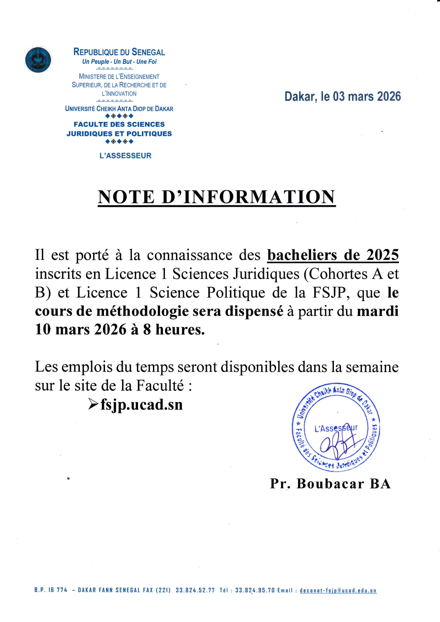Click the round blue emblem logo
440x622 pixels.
(x=38, y=60)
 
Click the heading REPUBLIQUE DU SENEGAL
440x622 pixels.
(x=119, y=52)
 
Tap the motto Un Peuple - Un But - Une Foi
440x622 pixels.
(x=119, y=62)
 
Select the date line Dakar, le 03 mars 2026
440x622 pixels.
(x=342, y=96)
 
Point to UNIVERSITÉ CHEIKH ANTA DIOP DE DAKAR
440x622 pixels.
(x=119, y=109)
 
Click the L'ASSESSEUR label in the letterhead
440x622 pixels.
(x=126, y=156)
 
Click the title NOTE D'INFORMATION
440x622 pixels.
(x=216, y=197)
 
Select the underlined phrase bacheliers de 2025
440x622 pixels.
(x=333, y=255)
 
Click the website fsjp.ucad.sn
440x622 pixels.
(x=142, y=405)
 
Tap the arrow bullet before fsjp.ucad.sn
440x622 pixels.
(x=93, y=404)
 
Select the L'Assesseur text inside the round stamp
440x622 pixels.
(x=336, y=428)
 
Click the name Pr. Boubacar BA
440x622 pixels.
(x=330, y=484)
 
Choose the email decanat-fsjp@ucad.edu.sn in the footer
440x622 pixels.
(x=338, y=590)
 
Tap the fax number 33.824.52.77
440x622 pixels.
(x=195, y=590)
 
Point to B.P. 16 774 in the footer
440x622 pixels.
(x=51, y=590)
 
